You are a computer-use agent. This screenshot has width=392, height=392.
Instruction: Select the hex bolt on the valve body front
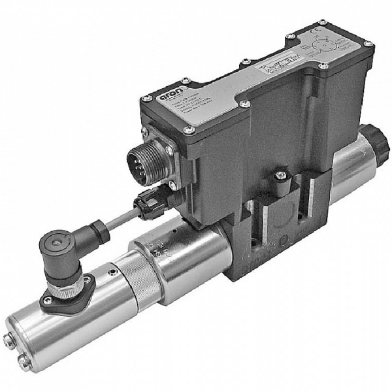(x=280, y=175)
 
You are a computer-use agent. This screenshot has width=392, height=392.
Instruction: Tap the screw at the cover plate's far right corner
(x=368, y=44)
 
